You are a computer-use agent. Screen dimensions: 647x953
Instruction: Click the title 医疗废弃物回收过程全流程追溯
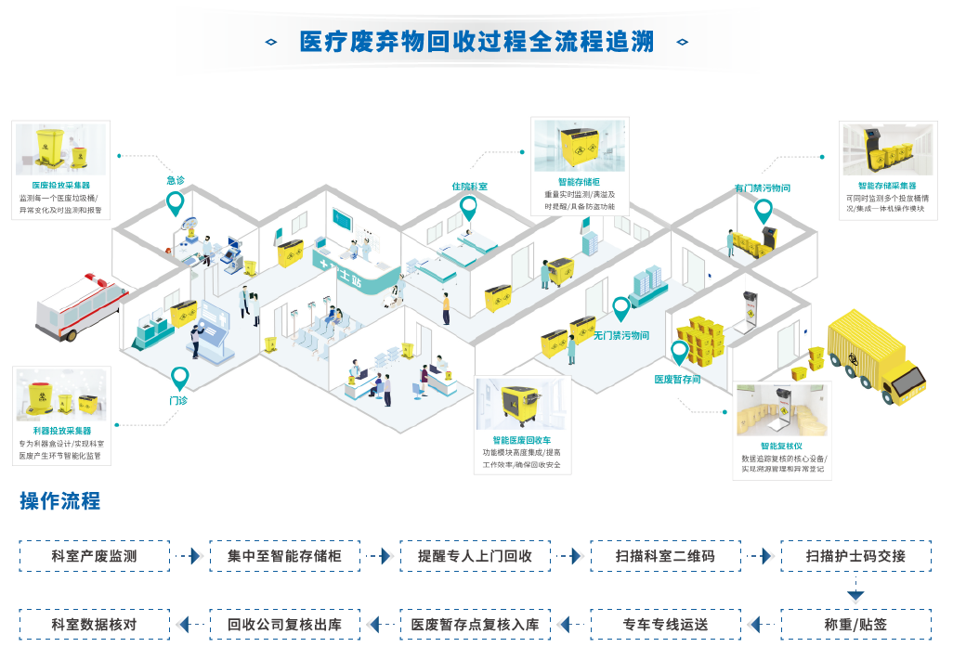pyautogui.click(x=476, y=42)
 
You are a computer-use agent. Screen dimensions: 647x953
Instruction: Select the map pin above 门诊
pyautogui.click(x=179, y=378)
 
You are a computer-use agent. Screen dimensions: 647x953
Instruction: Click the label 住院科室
pyautogui.click(x=470, y=187)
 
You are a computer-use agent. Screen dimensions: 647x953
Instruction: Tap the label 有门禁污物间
pyautogui.click(x=762, y=188)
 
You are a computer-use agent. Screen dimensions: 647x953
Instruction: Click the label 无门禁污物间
pyautogui.click(x=621, y=335)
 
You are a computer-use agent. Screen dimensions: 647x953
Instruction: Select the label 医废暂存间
pyautogui.click(x=677, y=379)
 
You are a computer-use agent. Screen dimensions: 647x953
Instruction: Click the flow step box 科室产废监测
pyautogui.click(x=95, y=556)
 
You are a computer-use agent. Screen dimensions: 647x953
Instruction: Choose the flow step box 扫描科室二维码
pyautogui.click(x=665, y=556)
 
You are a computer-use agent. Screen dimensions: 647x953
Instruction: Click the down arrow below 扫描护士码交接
pyautogui.click(x=855, y=593)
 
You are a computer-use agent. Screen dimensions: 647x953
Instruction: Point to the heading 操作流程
pyautogui.click(x=60, y=501)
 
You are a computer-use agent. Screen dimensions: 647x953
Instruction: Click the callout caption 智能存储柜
pyautogui.click(x=579, y=182)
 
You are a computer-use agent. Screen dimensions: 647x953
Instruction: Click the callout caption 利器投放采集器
pyautogui.click(x=61, y=431)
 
